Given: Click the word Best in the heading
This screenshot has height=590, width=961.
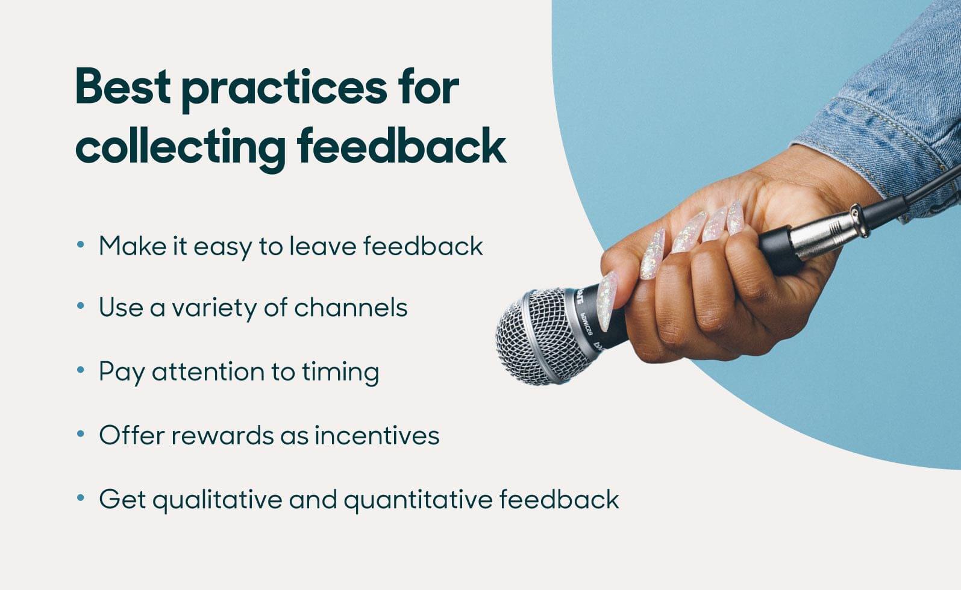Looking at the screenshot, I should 123,87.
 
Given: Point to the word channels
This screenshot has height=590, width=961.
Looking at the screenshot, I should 350,308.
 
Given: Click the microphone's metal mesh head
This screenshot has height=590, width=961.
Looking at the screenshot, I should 534,337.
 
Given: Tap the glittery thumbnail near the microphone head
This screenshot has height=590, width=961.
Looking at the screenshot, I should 607,293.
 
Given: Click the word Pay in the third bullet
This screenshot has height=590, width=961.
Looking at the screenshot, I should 121,372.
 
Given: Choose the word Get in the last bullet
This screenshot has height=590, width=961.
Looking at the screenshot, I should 122,499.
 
